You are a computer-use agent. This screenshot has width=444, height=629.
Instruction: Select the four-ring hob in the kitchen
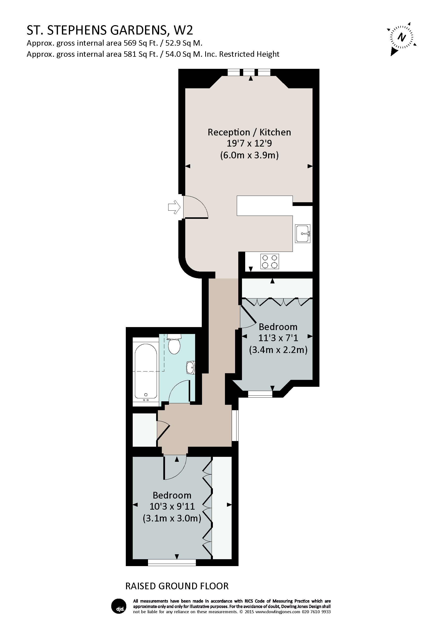pyautogui.click(x=270, y=261)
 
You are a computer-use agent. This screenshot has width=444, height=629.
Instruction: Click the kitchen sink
pyautogui.click(x=303, y=234)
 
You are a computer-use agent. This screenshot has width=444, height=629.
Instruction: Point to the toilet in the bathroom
pyautogui.click(x=174, y=344)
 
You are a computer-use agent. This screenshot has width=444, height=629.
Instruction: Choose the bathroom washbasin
pyautogui.click(x=191, y=368)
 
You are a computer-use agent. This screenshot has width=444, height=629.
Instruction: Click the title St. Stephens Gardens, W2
pyautogui.click(x=110, y=30)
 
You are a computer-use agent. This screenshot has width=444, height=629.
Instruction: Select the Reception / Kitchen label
pyautogui.click(x=249, y=132)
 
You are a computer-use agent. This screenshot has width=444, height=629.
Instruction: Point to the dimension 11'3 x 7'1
pyautogui.click(x=278, y=338)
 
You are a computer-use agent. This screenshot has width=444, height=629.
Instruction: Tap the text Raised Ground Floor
pyautogui.click(x=177, y=586)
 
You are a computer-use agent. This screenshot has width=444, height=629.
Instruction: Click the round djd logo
pyautogui.click(x=119, y=606)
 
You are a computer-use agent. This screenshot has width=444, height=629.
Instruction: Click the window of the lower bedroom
pyautogui.click(x=172, y=562)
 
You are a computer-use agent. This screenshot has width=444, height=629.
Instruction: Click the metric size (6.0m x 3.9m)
pyautogui.click(x=249, y=155)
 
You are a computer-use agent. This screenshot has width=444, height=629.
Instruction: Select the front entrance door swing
pyautogui.click(x=196, y=207)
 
